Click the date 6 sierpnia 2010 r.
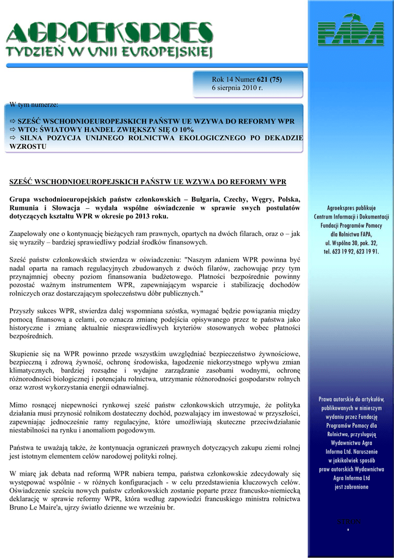[237, 88]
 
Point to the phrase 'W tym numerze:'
[34, 104]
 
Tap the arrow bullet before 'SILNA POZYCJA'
[14, 138]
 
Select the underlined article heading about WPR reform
[147, 181]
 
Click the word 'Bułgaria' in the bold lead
[202, 199]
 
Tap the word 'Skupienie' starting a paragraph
[26, 354]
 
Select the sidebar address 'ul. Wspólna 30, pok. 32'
[351, 242]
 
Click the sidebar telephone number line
[351, 251]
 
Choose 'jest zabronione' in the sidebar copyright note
[351, 487]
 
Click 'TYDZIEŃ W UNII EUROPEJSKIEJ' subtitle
[109, 52]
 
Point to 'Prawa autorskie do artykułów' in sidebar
[351, 399]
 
